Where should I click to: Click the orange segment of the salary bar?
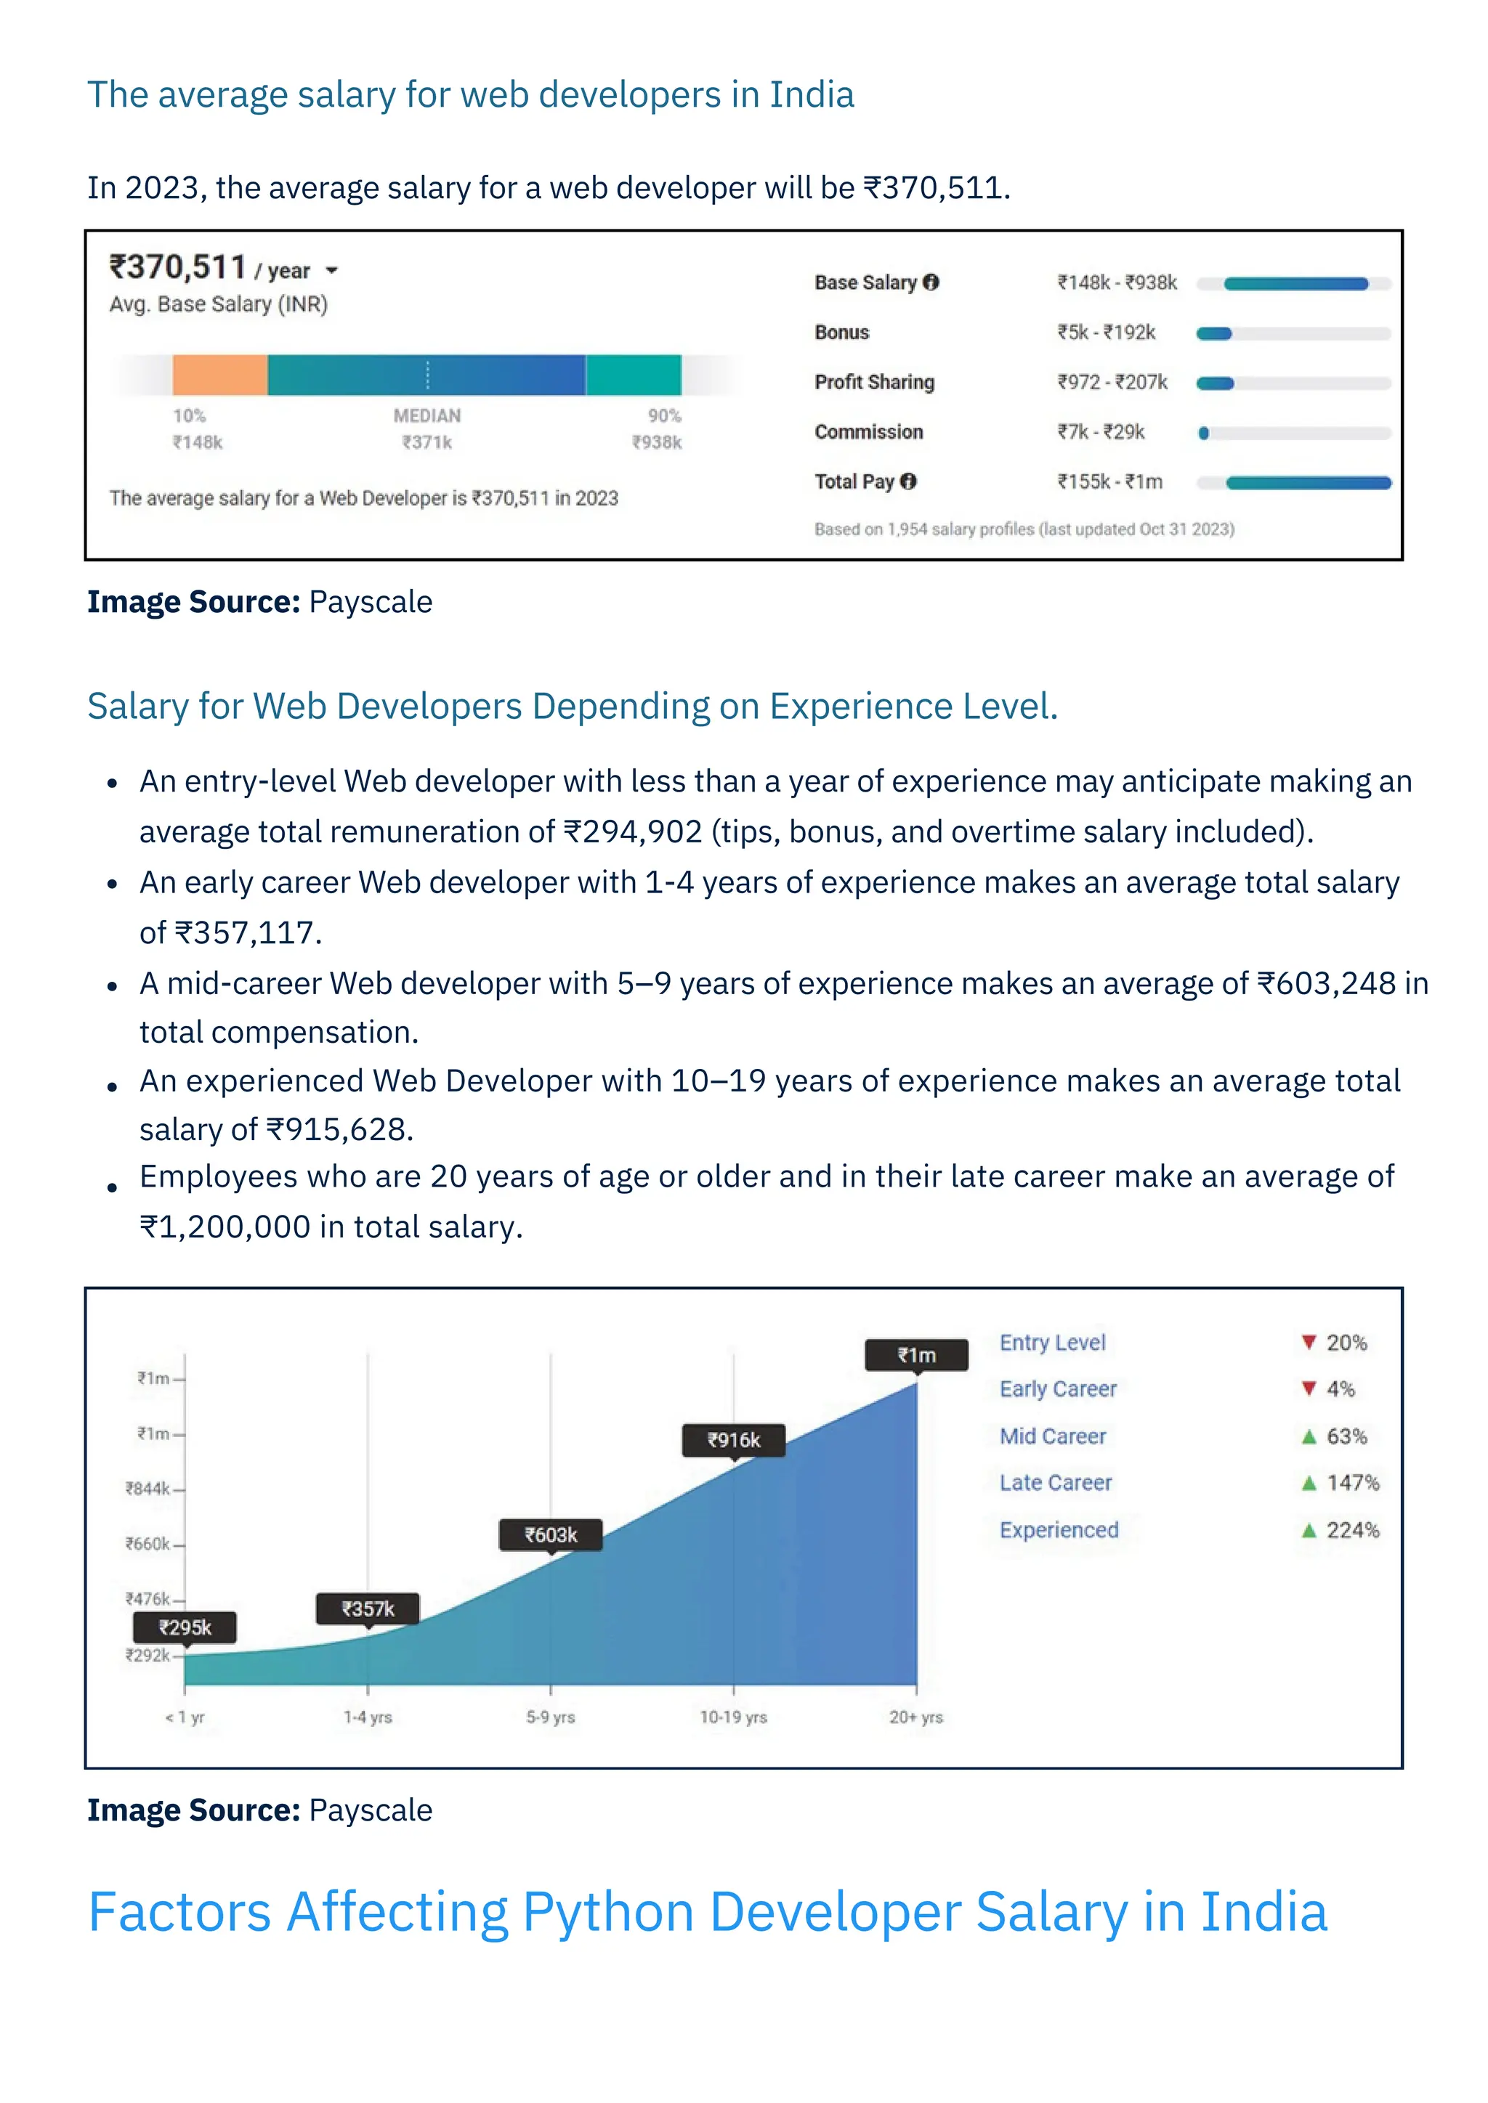coord(220,375)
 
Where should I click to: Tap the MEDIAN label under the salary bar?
coord(427,416)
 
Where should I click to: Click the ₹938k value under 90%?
coord(657,442)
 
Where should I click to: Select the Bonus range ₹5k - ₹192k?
coord(1106,333)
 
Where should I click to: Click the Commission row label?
coord(869,432)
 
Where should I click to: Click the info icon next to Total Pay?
coord(908,481)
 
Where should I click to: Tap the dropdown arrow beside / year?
coord(332,270)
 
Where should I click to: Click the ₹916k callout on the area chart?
coord(733,1440)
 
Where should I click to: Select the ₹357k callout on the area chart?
coord(368,1609)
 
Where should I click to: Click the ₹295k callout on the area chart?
coord(185,1627)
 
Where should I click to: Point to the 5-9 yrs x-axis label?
coord(550,1717)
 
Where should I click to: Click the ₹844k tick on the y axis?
coord(148,1489)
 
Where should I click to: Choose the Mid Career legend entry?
coord(1052,1436)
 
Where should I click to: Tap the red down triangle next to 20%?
coord(1309,1343)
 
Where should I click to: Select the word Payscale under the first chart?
coord(370,603)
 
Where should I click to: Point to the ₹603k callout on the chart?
coord(550,1535)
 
